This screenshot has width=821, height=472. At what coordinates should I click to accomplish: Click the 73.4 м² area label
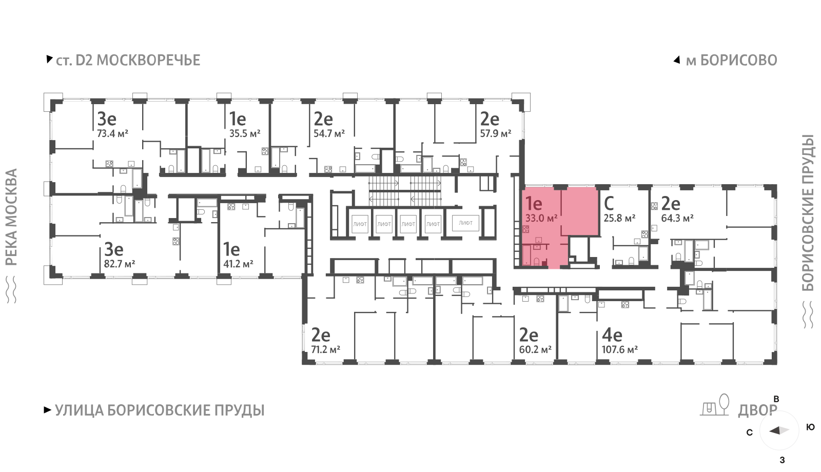(112, 134)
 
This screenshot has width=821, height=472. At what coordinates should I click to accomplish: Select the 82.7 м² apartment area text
(120, 264)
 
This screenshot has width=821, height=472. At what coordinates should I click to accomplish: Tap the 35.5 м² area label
(245, 134)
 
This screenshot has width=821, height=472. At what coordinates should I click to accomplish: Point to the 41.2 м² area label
(239, 264)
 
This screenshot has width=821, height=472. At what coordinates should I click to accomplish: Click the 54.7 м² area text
(329, 134)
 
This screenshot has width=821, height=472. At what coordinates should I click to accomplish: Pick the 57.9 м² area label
(496, 134)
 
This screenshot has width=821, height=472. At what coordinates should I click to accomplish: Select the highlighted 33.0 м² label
(541, 219)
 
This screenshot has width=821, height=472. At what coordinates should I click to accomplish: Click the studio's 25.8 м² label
(619, 219)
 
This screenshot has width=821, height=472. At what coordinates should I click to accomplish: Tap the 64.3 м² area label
(677, 219)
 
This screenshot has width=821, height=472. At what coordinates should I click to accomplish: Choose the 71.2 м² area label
(325, 350)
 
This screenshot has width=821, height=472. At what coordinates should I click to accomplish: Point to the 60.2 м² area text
(535, 350)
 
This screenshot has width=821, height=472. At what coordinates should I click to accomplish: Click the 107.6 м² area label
(620, 350)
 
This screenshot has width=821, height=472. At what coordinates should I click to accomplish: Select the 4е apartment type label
(612, 336)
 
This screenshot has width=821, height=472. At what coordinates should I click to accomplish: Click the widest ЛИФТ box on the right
(465, 223)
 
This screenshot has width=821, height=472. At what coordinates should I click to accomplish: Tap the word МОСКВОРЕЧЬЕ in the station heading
(148, 61)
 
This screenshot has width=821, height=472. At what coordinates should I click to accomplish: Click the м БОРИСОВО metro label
(732, 61)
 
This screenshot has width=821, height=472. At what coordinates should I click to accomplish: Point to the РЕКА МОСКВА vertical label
(12, 218)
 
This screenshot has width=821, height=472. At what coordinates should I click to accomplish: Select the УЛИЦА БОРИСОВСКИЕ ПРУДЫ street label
(160, 411)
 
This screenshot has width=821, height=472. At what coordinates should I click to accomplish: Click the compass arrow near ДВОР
(779, 430)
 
